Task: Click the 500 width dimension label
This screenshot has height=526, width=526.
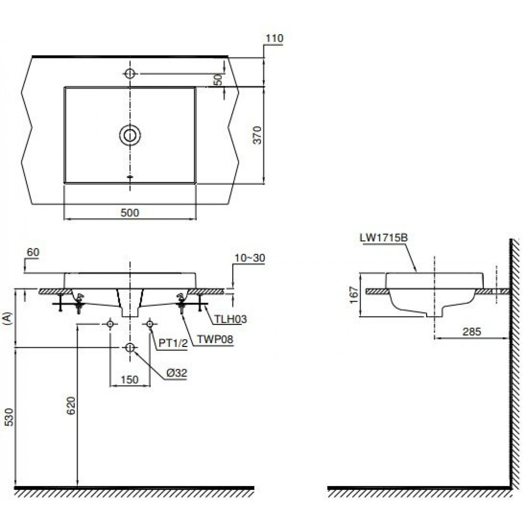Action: pos(129,212)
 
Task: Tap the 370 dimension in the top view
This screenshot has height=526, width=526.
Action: pos(257,135)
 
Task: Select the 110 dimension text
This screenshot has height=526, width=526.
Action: pos(275,38)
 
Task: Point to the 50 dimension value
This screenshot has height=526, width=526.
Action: pos(219,79)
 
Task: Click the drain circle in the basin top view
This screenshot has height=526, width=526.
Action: pos(130,135)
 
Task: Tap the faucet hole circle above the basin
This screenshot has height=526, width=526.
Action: pos(130,73)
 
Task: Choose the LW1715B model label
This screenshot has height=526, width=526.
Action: pos(384,238)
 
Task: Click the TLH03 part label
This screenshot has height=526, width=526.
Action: pos(230,318)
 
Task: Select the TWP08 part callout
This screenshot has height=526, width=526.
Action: pos(215,339)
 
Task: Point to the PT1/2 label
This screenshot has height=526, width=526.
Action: pos(173,344)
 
